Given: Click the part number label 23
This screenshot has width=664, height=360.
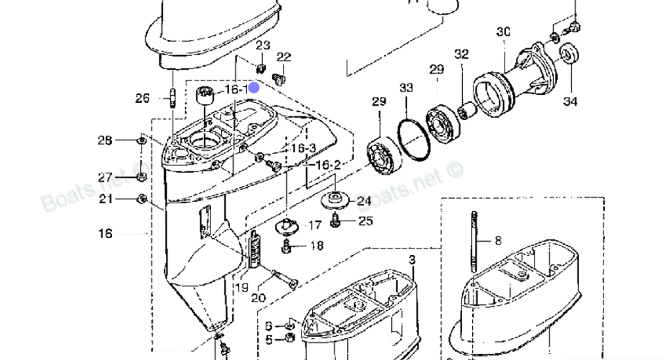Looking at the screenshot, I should coord(263,45).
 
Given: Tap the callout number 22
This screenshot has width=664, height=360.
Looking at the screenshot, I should coord(284,57).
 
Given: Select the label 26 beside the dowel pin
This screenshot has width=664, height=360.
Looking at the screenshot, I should coord(143,98).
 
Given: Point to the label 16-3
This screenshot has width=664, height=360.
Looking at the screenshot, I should coord(303,148).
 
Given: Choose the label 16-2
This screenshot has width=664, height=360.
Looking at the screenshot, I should coord(328,165).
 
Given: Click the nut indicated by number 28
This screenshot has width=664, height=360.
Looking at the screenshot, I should coord(141,141).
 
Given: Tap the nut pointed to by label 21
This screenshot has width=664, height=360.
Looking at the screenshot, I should coord(141,199).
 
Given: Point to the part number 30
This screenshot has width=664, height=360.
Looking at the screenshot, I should coord(503,31).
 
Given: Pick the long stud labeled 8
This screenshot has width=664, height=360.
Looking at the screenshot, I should coord(473,242).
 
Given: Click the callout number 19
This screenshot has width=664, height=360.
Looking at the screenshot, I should coord(242,288).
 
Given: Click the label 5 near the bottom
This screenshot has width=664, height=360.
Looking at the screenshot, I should coord(268,339).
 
